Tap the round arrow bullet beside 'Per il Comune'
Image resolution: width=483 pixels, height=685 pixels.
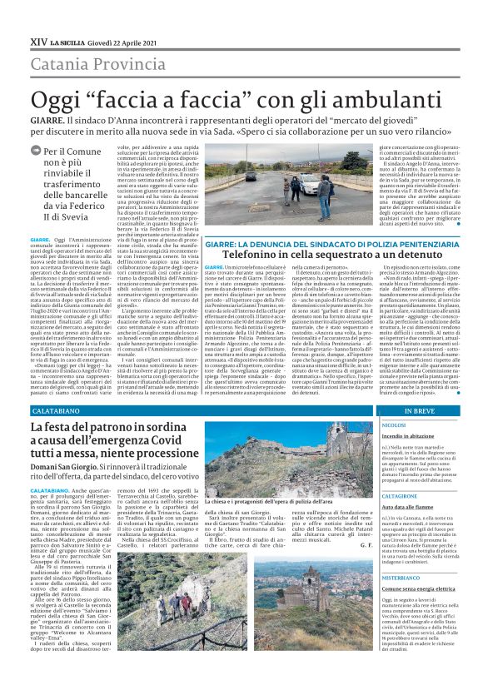point(34,151)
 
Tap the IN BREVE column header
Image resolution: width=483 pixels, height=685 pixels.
point(419,411)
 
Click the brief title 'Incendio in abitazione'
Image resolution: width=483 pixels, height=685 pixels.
point(409,435)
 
